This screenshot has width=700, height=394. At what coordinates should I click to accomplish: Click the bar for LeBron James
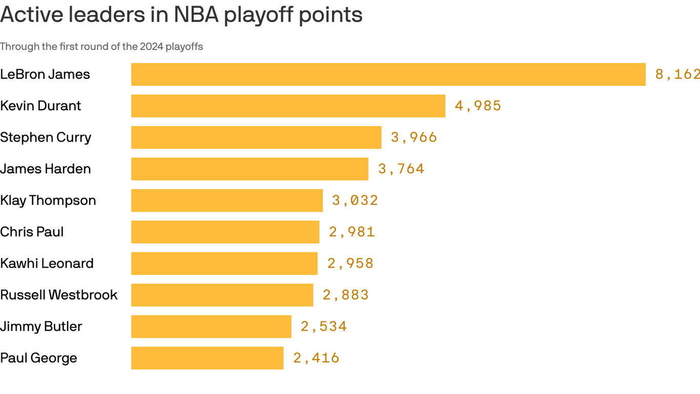coord(388,74)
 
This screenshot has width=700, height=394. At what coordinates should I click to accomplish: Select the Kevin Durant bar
coord(288,106)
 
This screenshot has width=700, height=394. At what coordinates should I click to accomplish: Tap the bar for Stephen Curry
coord(256,137)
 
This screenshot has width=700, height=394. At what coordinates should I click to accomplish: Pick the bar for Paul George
coord(207,358)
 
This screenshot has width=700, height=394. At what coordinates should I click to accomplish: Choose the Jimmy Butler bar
coord(211,326)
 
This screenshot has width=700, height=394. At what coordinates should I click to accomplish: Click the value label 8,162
coord(677,74)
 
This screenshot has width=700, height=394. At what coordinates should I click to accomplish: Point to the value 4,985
coord(478,106)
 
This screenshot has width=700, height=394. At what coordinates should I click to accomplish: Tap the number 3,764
coord(401,169)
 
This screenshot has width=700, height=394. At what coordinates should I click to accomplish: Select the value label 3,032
coord(355,201)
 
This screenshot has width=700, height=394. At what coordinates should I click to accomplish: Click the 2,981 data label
coord(352,232)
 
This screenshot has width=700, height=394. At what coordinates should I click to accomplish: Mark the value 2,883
coord(345,295)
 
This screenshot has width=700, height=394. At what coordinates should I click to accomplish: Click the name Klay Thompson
coord(48,201)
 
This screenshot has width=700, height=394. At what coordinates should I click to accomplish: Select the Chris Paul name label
coord(32,232)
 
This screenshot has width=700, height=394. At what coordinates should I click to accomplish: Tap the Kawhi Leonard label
coord(47,264)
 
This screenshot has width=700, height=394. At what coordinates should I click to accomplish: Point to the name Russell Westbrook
coord(59,295)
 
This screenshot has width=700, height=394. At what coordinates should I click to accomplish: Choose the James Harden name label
coord(45,169)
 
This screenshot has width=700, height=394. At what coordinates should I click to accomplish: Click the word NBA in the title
coord(196,15)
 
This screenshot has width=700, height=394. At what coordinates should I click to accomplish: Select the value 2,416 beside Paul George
coord(316,358)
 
